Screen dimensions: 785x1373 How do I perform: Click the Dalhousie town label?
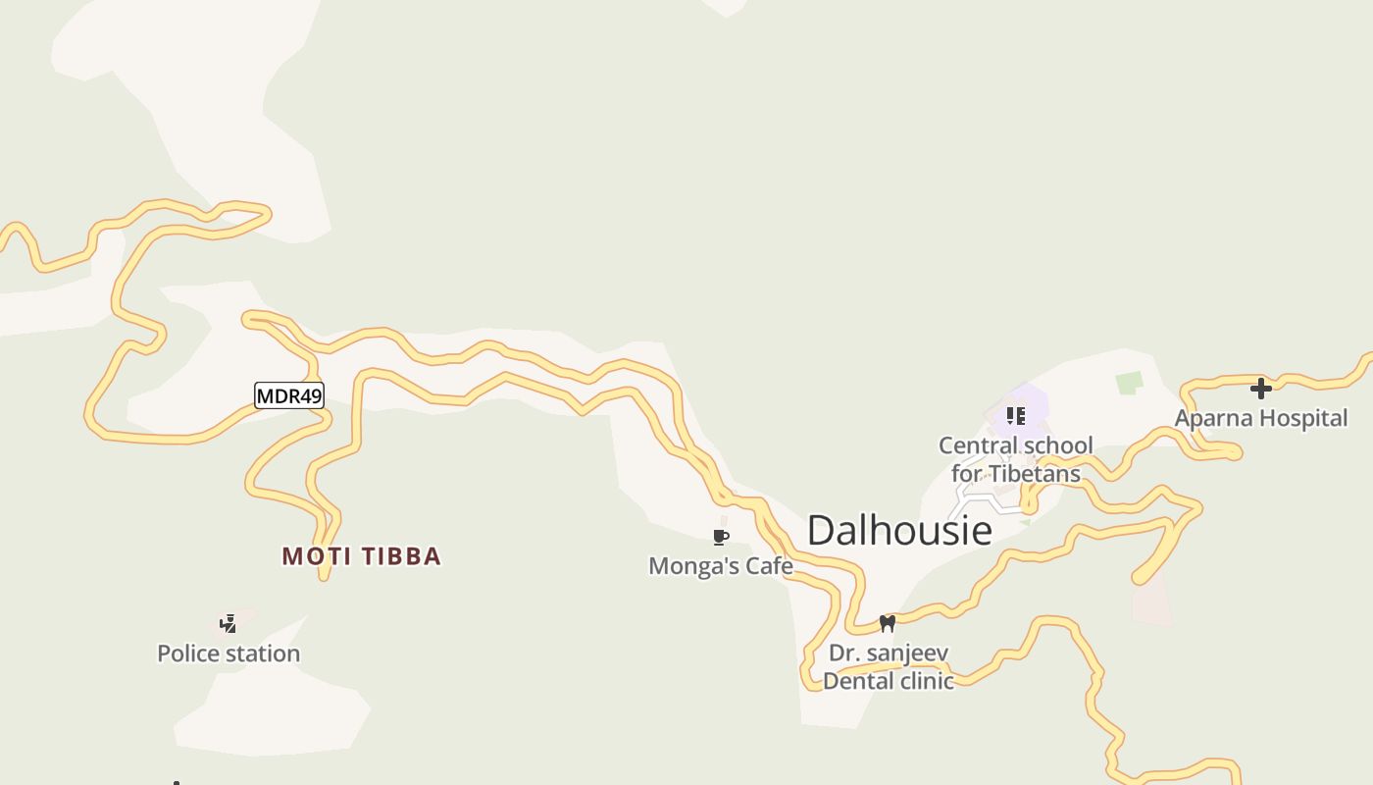[899, 531]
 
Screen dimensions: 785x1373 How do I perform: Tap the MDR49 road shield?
[289, 396]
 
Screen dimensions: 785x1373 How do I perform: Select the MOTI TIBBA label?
[362, 556]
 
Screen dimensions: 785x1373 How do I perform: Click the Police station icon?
[229, 624]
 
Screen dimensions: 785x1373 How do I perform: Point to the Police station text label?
[229, 654]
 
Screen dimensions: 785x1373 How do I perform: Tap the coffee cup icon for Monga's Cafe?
[721, 537]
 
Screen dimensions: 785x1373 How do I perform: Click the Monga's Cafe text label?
[721, 566]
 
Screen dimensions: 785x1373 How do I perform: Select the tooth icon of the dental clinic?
[888, 623]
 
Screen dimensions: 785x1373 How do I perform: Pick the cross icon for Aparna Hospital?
[1261, 389]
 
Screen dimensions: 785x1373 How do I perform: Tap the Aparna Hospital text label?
[1261, 418]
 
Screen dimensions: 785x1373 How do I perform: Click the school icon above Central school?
[1016, 416]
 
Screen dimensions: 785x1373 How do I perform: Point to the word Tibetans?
[1035, 474]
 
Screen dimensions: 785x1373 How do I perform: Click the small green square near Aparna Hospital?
[1130, 383]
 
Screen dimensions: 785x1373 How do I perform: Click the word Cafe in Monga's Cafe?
[769, 566]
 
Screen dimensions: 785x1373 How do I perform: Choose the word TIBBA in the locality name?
[402, 556]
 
